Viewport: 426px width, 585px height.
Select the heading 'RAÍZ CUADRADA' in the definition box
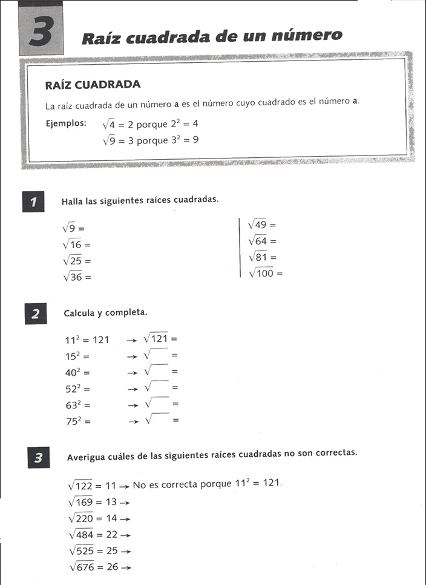coord(93,85)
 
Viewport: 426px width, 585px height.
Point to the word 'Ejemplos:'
coord(66,124)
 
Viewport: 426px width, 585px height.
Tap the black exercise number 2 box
coord(35,314)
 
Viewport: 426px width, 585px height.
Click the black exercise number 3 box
coord(38,459)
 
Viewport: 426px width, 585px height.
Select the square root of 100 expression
coord(261,273)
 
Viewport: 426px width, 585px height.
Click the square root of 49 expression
coord(257,224)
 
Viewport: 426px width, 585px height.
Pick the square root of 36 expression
coord(72,276)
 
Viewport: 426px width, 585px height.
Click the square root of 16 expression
coord(72,244)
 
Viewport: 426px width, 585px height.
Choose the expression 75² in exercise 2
coord(74,422)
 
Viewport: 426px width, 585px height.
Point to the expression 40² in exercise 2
coord(74,372)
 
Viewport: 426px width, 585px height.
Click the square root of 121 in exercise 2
coord(156,339)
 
